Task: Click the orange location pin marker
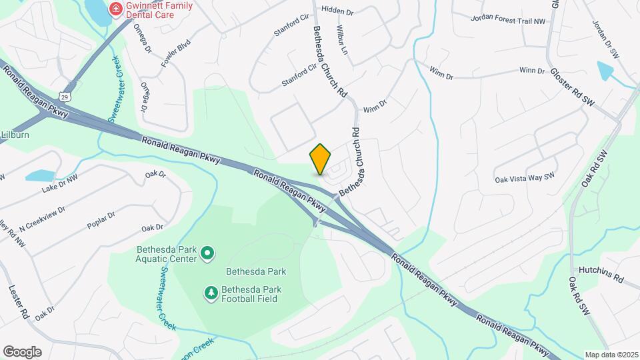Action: pyautogui.click(x=320, y=159)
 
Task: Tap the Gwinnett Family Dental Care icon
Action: pyautogui.click(x=115, y=9)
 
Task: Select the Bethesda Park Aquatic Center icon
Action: pyautogui.click(x=207, y=253)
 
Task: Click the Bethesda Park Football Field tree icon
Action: pyautogui.click(x=211, y=293)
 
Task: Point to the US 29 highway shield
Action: pyautogui.click(x=65, y=97)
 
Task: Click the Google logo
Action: pyautogui.click(x=22, y=351)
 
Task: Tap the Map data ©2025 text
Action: pyautogui.click(x=610, y=355)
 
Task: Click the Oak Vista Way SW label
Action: pyautogui.click(x=525, y=178)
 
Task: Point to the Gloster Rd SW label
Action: pyautogui.click(x=571, y=87)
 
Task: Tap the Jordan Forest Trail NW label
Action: pyautogui.click(x=507, y=21)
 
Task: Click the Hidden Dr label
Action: pyautogui.click(x=337, y=10)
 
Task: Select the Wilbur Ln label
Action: pyautogui.click(x=343, y=41)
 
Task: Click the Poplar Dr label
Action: pyautogui.click(x=101, y=221)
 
